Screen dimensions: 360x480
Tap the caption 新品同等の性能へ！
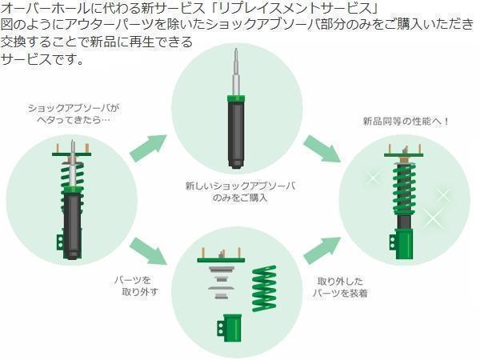pyautogui.click(x=406, y=122)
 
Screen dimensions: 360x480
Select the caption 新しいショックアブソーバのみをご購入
pyautogui.click(x=239, y=191)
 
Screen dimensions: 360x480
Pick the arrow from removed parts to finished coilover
pyautogui.click(x=322, y=249)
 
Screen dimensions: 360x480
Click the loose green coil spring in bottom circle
pyautogui.click(x=263, y=289)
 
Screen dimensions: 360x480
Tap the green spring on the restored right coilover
pyautogui.click(x=403, y=188)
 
